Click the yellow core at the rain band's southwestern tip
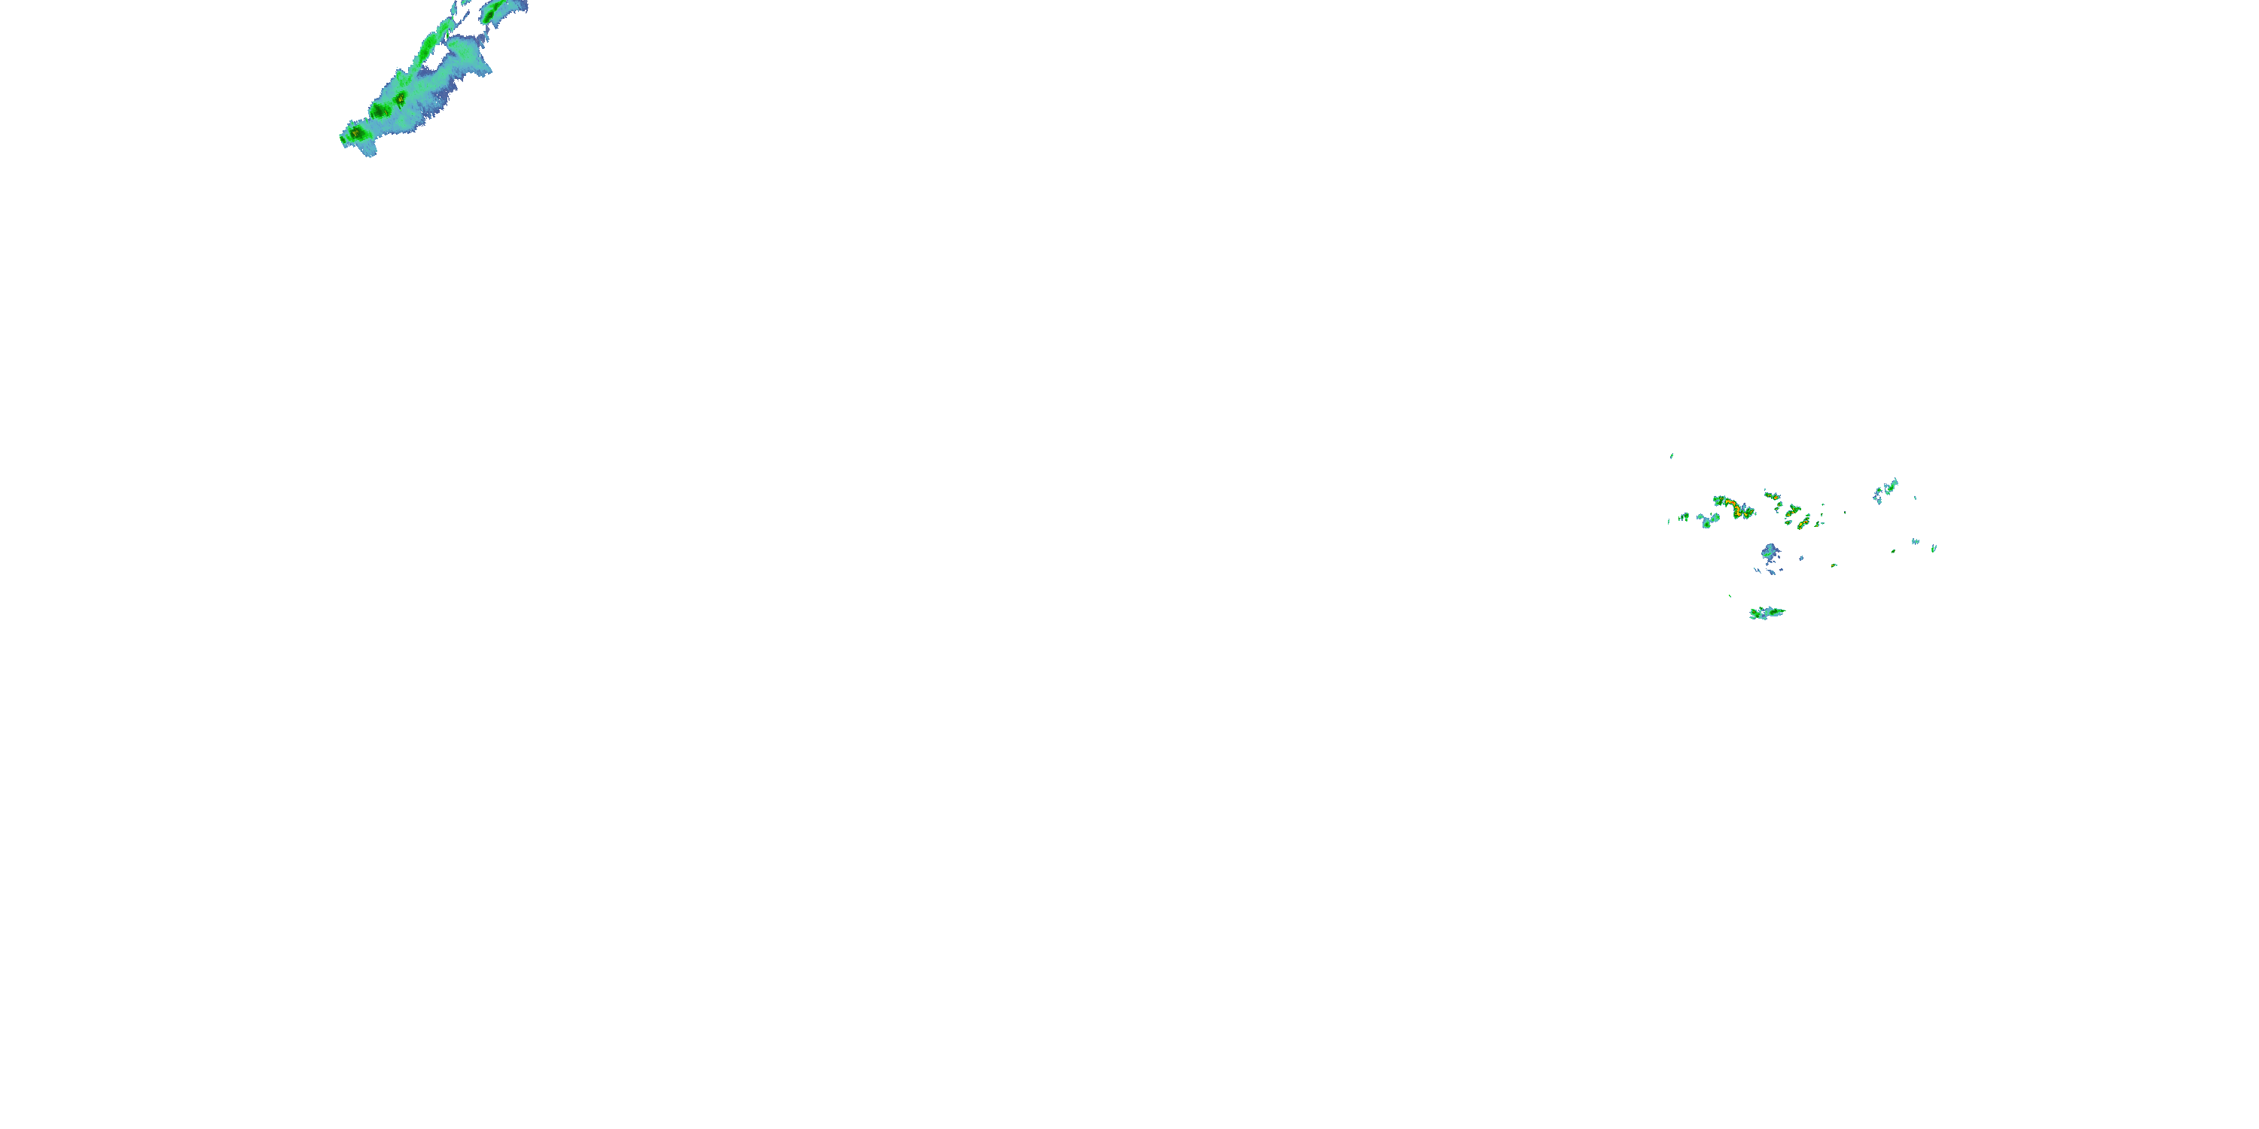click(355, 133)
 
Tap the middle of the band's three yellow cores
click(387, 112)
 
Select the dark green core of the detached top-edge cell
click(490, 16)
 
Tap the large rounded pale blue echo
click(1770, 552)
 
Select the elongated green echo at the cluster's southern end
click(1767, 613)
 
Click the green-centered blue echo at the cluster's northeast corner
click(1892, 486)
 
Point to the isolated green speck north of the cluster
click(1672, 457)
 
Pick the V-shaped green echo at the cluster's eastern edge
click(1934, 549)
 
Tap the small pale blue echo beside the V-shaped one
click(1915, 542)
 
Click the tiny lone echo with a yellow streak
click(1834, 565)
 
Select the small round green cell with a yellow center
click(1780, 504)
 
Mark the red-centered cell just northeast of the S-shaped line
click(1776, 498)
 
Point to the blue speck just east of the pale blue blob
click(1801, 558)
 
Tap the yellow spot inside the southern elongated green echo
click(1754, 612)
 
